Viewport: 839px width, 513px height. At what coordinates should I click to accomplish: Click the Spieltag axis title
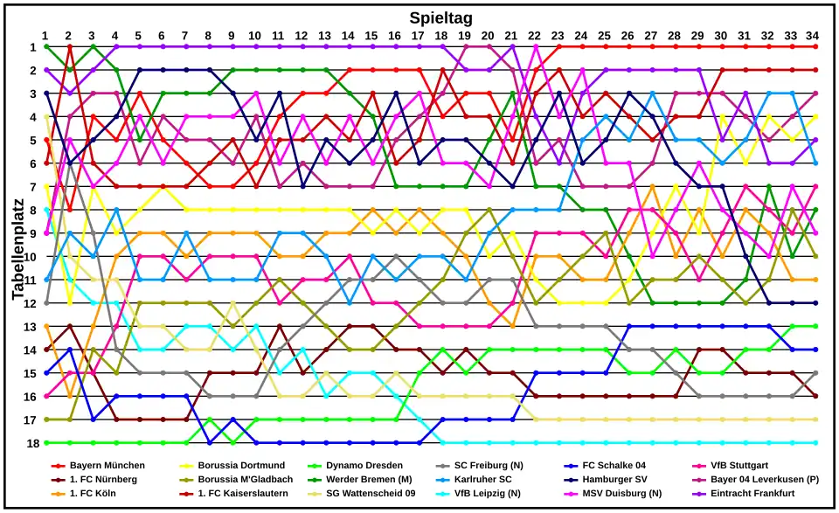pos(441,17)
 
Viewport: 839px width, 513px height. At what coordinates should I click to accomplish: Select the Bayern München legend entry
pos(107,466)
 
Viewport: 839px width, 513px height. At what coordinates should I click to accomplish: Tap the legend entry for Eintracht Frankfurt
pos(751,494)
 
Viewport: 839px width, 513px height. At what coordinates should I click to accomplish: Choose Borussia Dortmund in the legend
pos(241,466)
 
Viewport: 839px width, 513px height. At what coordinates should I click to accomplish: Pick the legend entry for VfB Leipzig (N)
pos(487,494)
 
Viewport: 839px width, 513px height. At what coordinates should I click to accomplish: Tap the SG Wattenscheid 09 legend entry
pos(370,494)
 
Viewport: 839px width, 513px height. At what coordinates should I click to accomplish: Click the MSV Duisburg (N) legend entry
pos(622,494)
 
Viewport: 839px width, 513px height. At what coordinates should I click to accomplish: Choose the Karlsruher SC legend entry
pos(483,480)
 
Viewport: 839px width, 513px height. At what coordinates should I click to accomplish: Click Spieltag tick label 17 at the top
pos(419,35)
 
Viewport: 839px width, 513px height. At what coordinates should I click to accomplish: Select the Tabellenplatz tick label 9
pos(33,233)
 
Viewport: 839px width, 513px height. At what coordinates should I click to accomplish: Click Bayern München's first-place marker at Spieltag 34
pos(815,46)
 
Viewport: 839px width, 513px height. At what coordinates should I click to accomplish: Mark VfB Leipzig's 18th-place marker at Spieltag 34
pos(815,443)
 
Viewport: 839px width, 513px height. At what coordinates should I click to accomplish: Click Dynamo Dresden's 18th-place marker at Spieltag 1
pos(45,443)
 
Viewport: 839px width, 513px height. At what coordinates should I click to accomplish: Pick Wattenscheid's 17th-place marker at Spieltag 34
pos(815,419)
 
